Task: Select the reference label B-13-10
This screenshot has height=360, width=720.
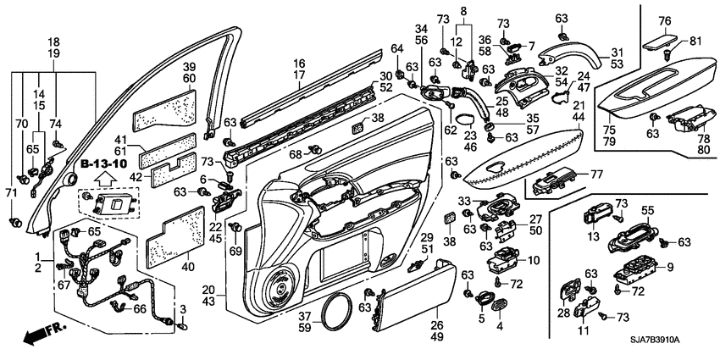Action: [103, 162]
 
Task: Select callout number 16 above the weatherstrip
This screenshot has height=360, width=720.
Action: [298, 64]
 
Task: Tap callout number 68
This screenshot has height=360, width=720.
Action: [294, 154]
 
